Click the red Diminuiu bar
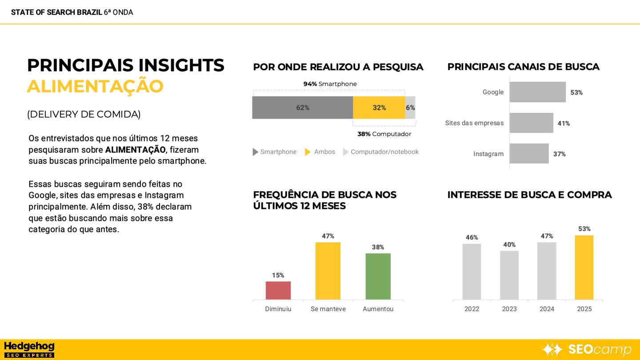(278, 290)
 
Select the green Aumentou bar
(378, 276)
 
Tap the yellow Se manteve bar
(328, 271)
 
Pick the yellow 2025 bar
(584, 267)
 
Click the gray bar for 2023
(509, 275)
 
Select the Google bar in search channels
(537, 92)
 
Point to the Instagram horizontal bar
(529, 153)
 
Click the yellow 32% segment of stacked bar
(379, 108)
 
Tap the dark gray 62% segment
(302, 108)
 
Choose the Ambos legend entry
(320, 152)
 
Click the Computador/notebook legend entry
(381, 152)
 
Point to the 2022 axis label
(472, 309)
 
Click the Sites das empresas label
(474, 123)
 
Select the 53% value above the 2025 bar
(584, 229)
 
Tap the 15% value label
(278, 276)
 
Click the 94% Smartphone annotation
(330, 84)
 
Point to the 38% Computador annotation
(384, 134)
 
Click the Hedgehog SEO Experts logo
(29, 349)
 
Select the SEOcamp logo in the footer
(586, 349)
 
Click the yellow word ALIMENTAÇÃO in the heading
(95, 86)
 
